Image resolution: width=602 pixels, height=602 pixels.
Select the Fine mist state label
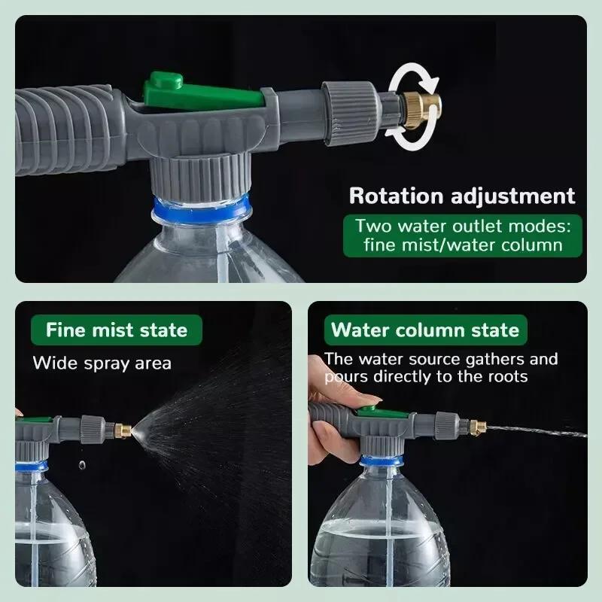click(116, 330)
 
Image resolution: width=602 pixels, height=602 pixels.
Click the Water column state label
click(425, 330)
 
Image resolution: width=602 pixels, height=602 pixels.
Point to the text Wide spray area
click(102, 363)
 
